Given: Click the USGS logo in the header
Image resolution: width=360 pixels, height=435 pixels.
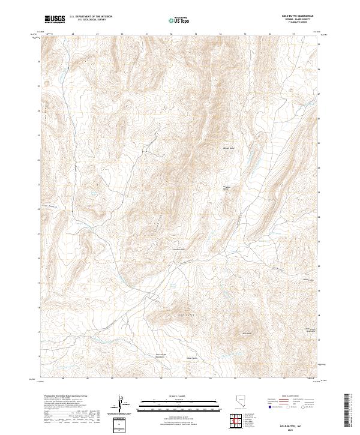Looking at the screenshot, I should [x=55, y=19].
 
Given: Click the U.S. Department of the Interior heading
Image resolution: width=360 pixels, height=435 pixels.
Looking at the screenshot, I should [x=90, y=17].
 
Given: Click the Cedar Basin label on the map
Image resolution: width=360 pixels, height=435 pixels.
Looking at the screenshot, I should [x=191, y=359].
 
